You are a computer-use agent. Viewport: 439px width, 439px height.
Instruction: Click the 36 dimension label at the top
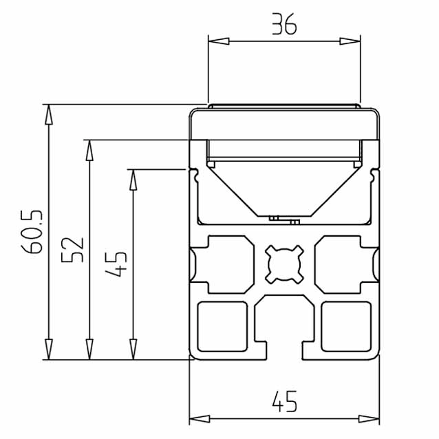[284, 24]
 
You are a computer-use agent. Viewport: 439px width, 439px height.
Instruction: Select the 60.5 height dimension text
[32, 231]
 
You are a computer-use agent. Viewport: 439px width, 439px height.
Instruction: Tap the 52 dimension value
[72, 250]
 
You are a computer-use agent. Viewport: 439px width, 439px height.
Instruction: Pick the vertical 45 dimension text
[116, 264]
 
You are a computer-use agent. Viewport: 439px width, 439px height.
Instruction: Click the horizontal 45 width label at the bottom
[284, 401]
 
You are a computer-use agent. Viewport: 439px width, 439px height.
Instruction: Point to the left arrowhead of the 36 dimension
[219, 41]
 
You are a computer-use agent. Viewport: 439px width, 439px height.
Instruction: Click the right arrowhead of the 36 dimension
[350, 41]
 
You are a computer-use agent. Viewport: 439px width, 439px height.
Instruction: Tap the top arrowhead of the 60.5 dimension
[49, 114]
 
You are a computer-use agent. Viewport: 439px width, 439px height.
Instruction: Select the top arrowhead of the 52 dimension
[89, 150]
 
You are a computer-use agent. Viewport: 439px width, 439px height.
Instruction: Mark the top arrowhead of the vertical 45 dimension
[133, 180]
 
